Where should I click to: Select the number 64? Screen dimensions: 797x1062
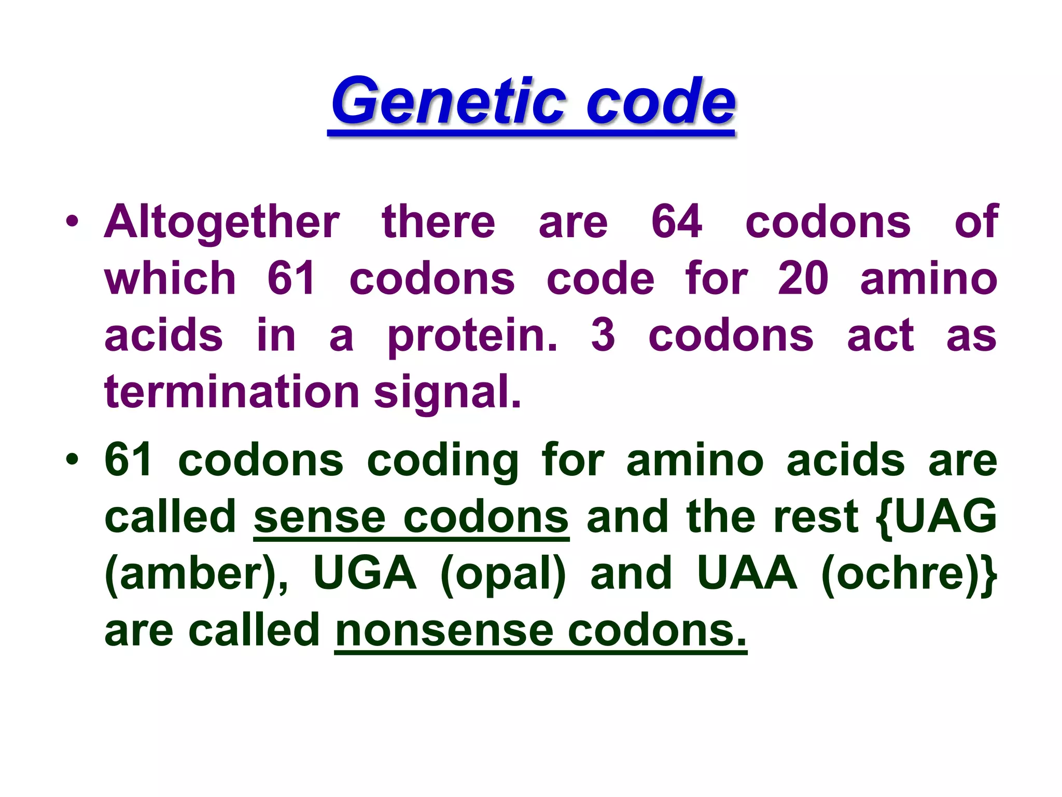(677, 222)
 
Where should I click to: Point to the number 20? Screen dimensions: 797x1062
(803, 279)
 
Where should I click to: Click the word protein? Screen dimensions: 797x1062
(472, 336)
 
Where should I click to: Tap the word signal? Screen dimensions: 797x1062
(447, 393)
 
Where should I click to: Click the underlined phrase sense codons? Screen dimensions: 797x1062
(411, 517)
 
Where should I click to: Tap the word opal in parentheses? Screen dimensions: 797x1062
(503, 575)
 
